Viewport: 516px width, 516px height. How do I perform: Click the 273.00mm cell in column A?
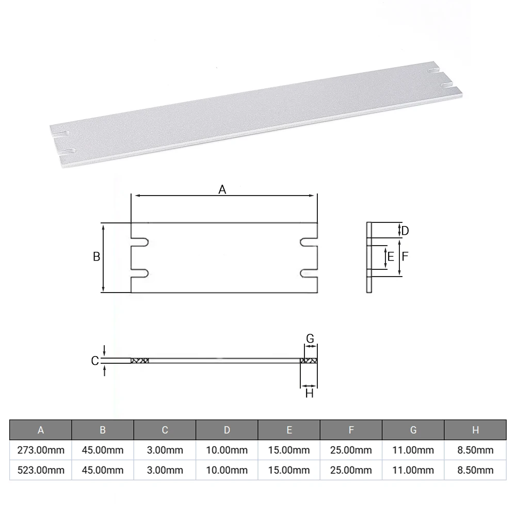tap(41, 450)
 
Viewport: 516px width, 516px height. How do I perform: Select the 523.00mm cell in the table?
tap(41, 470)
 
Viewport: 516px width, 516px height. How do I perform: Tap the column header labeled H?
tap(475, 430)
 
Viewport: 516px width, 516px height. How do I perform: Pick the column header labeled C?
tap(165, 430)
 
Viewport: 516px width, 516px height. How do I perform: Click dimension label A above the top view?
tap(222, 189)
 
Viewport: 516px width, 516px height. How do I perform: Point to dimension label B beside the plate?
tap(96, 256)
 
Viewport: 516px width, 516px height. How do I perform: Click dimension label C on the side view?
tap(95, 361)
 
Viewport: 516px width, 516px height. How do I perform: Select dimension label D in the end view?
tap(405, 231)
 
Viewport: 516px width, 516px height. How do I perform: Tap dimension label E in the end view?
tap(391, 256)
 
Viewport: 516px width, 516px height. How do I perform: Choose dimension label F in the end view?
tap(406, 256)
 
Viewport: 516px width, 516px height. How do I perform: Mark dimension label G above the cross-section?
tap(310, 338)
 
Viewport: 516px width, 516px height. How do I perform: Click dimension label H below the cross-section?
tap(310, 394)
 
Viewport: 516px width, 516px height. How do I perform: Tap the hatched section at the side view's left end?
tap(139, 361)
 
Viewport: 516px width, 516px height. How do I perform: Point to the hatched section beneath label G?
tap(309, 361)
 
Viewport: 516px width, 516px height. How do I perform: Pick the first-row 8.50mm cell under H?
tap(475, 450)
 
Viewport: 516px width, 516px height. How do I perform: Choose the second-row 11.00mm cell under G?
tap(413, 470)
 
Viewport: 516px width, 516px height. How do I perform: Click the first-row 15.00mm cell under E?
tap(289, 450)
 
